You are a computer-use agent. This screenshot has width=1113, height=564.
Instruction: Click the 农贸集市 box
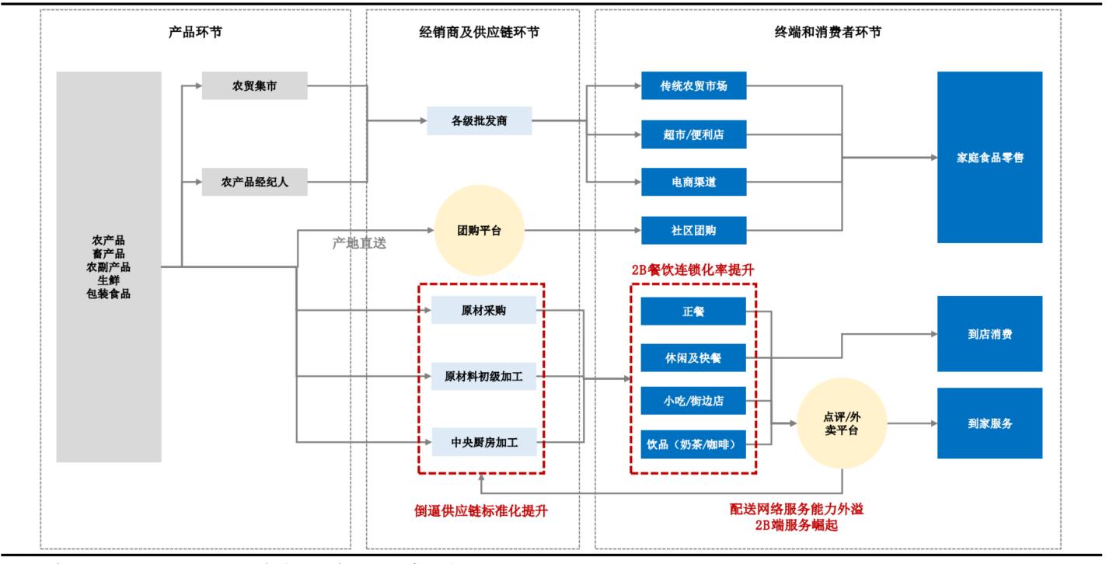(x=254, y=86)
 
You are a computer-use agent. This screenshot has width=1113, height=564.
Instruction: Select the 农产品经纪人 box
(x=254, y=183)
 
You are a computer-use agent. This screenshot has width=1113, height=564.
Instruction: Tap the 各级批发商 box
(x=479, y=120)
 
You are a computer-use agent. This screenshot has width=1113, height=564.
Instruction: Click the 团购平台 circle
(x=479, y=230)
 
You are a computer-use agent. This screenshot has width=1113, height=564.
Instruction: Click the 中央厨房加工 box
(x=483, y=443)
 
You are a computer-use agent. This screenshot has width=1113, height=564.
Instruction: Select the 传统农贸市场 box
(x=693, y=86)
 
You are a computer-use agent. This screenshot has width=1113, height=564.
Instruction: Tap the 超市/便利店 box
(x=693, y=134)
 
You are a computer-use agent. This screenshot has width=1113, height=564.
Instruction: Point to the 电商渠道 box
(x=693, y=183)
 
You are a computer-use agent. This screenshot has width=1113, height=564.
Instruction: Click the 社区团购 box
(x=693, y=230)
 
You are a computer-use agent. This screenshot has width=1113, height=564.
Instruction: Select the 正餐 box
(x=693, y=311)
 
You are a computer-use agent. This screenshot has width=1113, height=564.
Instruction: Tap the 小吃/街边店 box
(x=693, y=402)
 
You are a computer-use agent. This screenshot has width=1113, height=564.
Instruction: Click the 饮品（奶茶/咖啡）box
(x=693, y=445)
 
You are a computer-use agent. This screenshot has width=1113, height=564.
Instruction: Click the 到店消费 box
(x=989, y=334)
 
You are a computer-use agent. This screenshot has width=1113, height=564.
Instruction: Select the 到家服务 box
(x=989, y=424)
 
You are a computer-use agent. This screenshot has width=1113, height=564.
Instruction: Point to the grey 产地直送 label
(x=359, y=242)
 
